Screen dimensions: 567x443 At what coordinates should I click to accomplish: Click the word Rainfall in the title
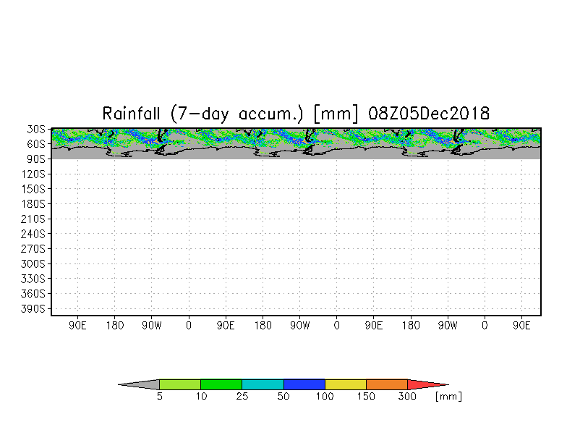tap(131, 114)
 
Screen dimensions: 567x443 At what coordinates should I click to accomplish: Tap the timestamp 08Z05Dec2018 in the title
tap(429, 114)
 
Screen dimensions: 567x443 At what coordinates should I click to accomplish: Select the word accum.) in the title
tap(270, 114)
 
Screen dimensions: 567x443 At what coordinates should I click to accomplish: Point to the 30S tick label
tap(36, 129)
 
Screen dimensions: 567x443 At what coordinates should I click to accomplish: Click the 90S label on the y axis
tap(36, 159)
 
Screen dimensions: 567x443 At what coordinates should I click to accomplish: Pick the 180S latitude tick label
tap(33, 204)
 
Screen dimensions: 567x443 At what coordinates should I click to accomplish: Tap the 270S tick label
tap(33, 249)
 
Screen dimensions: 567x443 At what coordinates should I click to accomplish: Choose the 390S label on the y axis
tap(33, 308)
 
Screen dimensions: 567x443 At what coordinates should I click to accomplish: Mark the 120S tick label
tap(33, 174)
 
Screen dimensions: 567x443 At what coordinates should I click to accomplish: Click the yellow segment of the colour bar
tap(346, 384)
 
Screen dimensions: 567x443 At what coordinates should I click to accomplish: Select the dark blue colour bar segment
tap(304, 384)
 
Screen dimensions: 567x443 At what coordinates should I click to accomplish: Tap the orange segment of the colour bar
tap(387, 384)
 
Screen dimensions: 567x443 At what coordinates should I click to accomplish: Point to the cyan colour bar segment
tap(263, 384)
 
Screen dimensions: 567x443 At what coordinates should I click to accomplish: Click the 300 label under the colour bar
tap(408, 397)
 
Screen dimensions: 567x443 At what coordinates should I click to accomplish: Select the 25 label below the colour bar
tap(242, 397)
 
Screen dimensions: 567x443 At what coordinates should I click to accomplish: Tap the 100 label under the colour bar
tap(325, 397)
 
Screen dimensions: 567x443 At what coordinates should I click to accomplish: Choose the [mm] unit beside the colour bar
tap(448, 397)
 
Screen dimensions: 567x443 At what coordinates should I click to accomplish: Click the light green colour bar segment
tap(180, 384)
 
